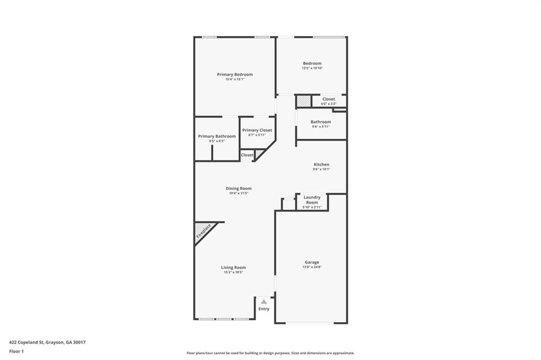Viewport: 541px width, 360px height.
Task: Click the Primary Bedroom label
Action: coord(235,74)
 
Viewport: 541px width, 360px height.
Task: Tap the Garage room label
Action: coord(312,262)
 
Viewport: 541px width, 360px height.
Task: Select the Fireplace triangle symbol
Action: coord(203,231)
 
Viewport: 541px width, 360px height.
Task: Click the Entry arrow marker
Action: coord(264,302)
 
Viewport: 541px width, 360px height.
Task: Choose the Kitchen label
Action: coord(321,165)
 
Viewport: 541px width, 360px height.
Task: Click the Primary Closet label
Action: coord(257,130)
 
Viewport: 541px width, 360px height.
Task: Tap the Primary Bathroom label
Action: coord(217,136)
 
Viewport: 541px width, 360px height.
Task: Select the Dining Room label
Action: coord(238,188)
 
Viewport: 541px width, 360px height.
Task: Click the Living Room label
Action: coord(233,268)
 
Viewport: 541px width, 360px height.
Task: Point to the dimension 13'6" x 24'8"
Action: coord(312,267)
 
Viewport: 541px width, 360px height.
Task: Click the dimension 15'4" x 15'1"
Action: coord(235,79)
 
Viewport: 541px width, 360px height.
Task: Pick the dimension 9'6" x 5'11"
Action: coord(321,127)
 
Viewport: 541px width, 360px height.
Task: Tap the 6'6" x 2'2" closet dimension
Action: coord(328,103)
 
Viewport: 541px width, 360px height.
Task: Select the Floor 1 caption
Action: coord(17,351)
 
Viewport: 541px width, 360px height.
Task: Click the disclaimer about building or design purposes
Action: coord(270,353)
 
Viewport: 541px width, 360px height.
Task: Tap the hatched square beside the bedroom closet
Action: coord(303,100)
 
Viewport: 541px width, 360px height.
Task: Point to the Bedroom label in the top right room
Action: coord(312,63)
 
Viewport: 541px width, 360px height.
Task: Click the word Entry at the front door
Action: coord(264,309)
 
